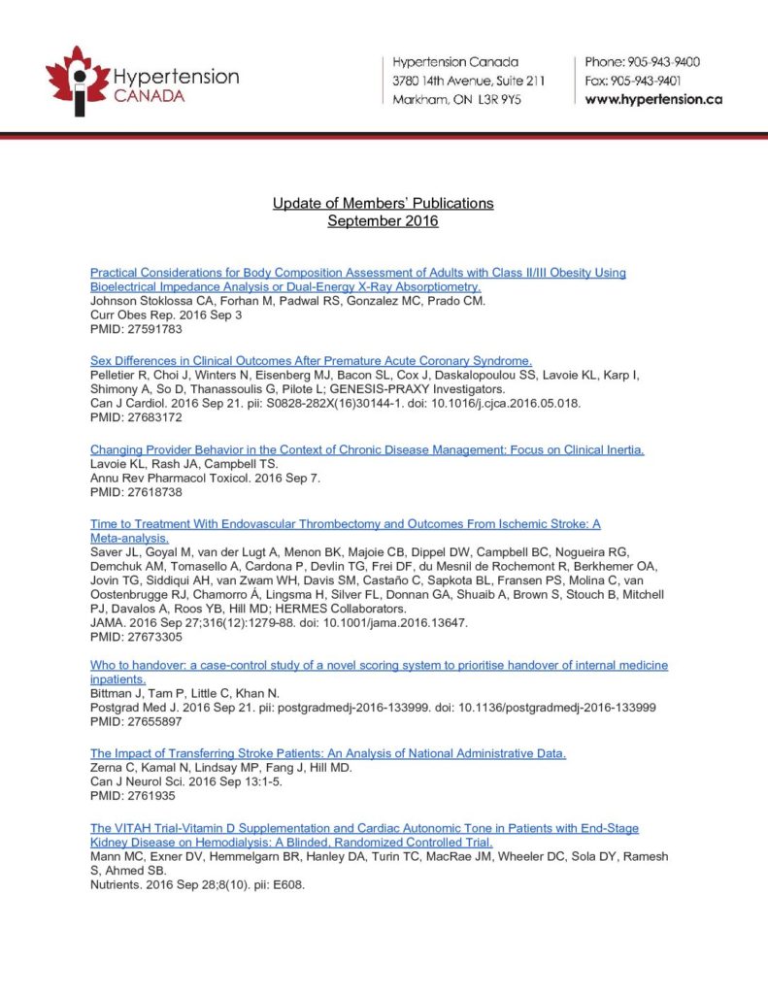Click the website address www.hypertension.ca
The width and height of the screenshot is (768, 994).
coord(653,99)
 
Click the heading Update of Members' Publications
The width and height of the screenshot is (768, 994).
coord(383,203)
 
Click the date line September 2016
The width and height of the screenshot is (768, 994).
coord(383,221)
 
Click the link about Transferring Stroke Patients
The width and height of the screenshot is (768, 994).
coord(328,753)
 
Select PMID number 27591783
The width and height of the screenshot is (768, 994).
coord(135,329)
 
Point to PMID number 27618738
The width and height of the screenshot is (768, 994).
coord(135,492)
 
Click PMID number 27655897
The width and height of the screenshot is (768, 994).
coord(135,723)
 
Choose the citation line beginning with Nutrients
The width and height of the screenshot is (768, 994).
coord(197,885)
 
